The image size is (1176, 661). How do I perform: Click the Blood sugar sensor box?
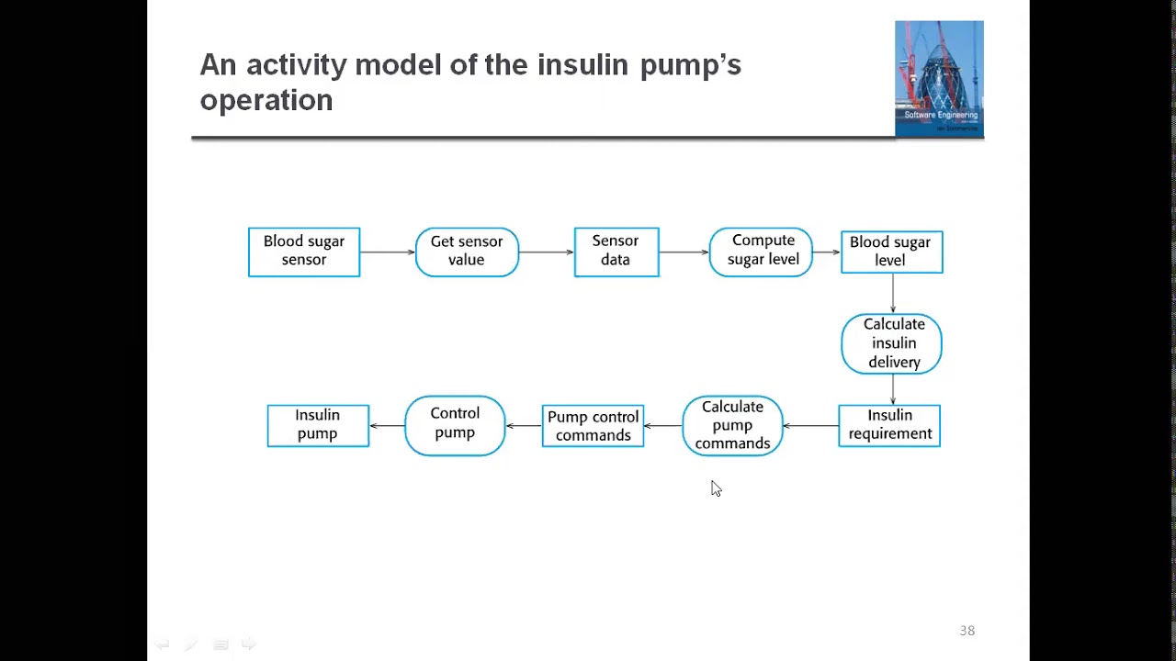click(x=304, y=252)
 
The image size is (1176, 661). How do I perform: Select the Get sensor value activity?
click(x=467, y=252)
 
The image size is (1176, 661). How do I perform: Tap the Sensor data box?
click(x=616, y=252)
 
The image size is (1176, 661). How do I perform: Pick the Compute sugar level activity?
click(x=761, y=252)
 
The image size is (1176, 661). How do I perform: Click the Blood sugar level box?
click(x=891, y=252)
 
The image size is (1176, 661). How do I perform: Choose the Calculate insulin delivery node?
click(x=891, y=343)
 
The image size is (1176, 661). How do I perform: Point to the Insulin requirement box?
click(x=889, y=425)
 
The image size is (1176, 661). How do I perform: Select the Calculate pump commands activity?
click(x=732, y=425)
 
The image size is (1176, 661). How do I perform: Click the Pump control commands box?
click(x=593, y=425)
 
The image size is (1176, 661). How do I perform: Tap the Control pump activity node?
click(x=455, y=425)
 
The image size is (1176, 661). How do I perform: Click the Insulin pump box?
click(x=318, y=425)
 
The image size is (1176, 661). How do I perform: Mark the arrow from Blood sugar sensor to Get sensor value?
click(x=388, y=252)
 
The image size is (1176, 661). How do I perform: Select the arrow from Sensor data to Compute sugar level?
click(x=684, y=252)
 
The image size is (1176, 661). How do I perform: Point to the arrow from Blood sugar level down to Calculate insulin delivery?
click(x=892, y=293)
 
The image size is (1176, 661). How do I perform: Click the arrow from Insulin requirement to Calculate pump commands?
click(x=810, y=425)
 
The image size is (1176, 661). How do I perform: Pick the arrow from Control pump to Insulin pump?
click(x=387, y=425)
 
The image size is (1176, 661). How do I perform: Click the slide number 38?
click(x=967, y=630)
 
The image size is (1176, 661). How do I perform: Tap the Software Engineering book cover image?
click(x=939, y=79)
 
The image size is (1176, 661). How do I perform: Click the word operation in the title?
click(x=266, y=101)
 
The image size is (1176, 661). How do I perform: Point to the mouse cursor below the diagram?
click(x=716, y=488)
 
